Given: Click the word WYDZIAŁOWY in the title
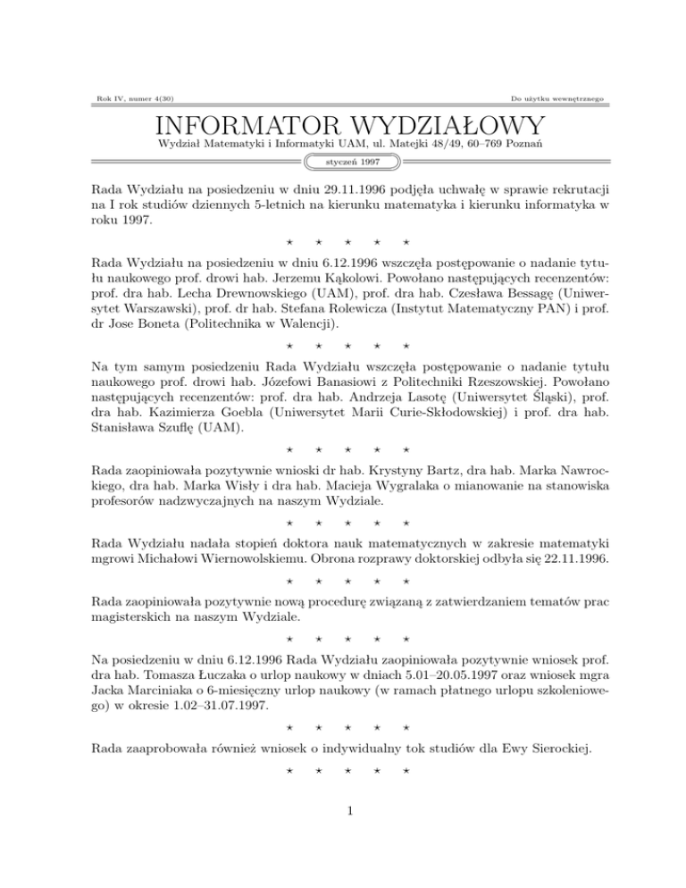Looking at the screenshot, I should pyautogui.click(x=441, y=125).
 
